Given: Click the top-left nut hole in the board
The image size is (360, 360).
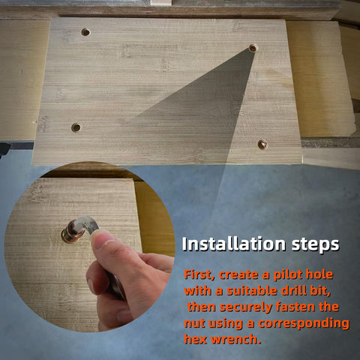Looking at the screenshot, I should tap(85, 32).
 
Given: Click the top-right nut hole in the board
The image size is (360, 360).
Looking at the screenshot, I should tap(253, 48).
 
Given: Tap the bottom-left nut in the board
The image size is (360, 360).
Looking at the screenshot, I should tap(76, 127).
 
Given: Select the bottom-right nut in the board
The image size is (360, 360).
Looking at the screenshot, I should tap(262, 144).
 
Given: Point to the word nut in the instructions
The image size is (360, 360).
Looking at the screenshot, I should tap(195, 323).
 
